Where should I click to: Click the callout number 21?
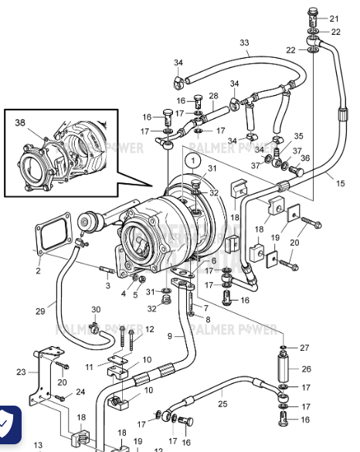pyautogui.click(x=334, y=19)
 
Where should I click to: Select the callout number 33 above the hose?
pyautogui.click(x=244, y=42)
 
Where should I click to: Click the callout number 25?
pyautogui.click(x=222, y=403)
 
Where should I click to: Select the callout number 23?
pyautogui.click(x=20, y=372)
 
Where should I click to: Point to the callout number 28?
pyautogui.click(x=213, y=96)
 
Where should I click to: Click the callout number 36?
pyautogui.click(x=304, y=158)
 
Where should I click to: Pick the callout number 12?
pyautogui.click(x=150, y=330)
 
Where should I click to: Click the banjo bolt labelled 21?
pyautogui.click(x=312, y=13)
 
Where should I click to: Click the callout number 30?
pyautogui.click(x=96, y=310)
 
